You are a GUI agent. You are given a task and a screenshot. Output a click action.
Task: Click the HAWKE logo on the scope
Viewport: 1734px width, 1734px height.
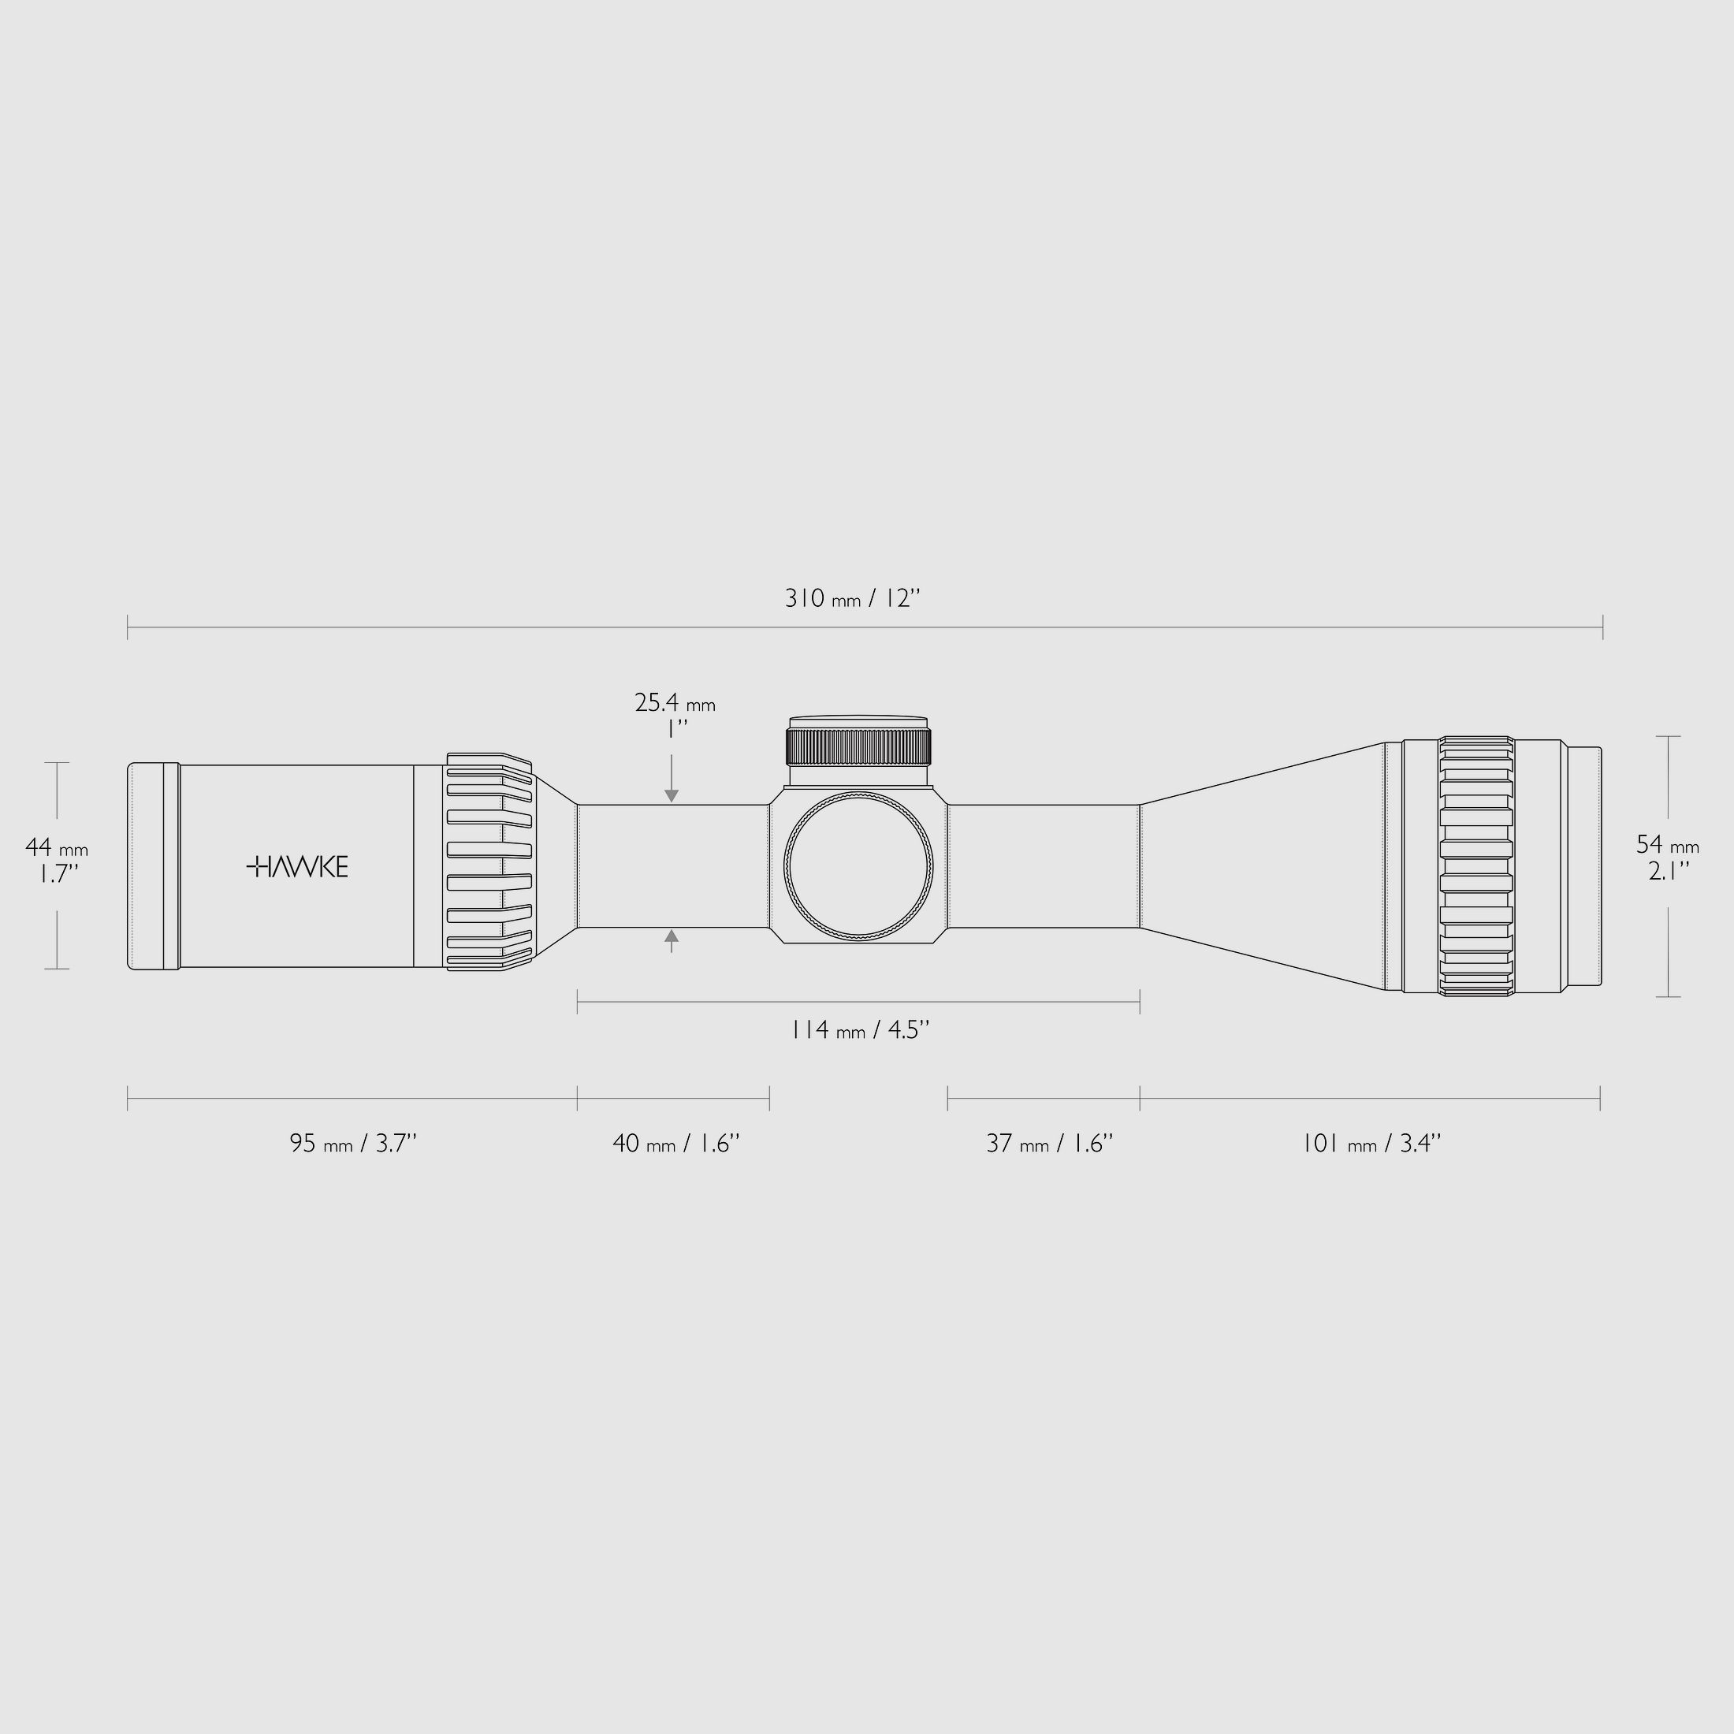297,867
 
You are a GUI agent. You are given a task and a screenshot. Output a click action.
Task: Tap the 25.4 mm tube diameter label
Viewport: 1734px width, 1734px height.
675,703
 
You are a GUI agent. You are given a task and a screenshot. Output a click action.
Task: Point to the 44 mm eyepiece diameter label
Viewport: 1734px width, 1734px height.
57,847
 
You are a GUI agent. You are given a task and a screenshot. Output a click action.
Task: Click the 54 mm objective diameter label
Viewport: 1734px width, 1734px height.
1668,845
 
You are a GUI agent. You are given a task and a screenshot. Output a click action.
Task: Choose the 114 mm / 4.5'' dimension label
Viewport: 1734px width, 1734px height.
859,1029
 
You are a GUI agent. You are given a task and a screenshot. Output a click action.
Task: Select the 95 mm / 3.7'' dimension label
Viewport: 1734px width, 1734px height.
353,1144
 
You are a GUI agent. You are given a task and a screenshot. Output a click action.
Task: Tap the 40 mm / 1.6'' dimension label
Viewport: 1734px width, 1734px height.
675,1144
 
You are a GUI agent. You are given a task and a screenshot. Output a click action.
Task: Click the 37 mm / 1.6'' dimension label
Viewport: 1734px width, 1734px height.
1049,1144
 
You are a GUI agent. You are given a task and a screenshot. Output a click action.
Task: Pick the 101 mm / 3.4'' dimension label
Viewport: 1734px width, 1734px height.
1371,1144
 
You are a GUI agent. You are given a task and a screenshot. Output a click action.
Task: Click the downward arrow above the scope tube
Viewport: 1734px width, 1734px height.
672,794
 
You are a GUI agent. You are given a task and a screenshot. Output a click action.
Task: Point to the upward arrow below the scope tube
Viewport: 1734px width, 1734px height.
672,937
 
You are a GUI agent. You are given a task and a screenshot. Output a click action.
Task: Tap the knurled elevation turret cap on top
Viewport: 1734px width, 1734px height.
858,744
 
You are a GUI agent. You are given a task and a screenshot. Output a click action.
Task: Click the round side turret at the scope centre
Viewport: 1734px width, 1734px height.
858,867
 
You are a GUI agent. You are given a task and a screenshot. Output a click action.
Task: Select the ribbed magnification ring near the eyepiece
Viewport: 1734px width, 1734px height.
489,862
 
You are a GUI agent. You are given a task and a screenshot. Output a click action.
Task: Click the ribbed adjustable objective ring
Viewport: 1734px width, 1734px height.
1475,866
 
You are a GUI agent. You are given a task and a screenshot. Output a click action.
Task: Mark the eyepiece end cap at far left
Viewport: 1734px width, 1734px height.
154,866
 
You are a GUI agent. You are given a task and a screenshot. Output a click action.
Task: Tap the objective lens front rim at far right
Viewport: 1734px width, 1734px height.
1584,866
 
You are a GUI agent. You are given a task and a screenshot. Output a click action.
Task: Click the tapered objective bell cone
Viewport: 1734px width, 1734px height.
1261,866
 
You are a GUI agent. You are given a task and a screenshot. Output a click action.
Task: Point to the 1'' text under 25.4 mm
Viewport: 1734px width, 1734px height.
675,730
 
